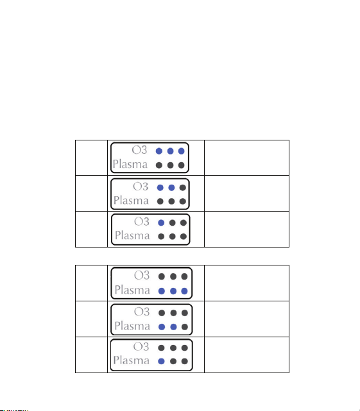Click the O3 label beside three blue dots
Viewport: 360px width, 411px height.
point(139,150)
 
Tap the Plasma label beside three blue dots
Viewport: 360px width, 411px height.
point(132,290)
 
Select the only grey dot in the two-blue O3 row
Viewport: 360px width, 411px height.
point(183,188)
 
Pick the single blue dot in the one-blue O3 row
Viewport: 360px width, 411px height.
point(161,222)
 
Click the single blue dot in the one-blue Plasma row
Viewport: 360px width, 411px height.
point(161,362)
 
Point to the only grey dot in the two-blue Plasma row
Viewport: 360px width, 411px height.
point(185,327)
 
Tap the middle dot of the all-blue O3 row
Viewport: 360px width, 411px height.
point(170,151)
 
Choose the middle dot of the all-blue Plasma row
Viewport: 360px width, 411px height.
point(173,291)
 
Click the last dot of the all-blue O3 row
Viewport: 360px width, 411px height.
point(182,151)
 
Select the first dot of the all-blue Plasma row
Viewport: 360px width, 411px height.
point(162,291)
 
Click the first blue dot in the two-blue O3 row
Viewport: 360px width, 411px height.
point(160,188)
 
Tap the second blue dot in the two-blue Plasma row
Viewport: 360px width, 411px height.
point(173,327)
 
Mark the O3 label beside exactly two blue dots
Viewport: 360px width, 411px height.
point(141,187)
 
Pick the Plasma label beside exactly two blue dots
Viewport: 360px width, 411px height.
point(132,326)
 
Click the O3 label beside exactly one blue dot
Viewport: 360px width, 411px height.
point(142,222)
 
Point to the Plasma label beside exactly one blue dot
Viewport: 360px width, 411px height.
point(131,360)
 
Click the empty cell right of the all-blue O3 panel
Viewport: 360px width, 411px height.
point(246,158)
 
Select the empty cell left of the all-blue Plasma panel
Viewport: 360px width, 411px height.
point(91,283)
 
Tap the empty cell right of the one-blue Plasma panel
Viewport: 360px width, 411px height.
point(246,355)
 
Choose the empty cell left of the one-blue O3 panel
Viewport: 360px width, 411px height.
point(91,229)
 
